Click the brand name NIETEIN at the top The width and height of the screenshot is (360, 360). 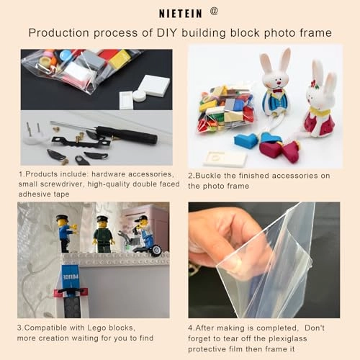181,14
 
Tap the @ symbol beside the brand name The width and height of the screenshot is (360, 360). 214,11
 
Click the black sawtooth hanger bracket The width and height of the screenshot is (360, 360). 81,143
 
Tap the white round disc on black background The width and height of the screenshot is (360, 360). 139,96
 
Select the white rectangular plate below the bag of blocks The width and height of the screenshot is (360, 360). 225,158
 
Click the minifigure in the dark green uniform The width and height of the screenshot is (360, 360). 103,235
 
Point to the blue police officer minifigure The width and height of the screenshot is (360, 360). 66,233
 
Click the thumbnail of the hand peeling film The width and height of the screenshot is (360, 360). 264,260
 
